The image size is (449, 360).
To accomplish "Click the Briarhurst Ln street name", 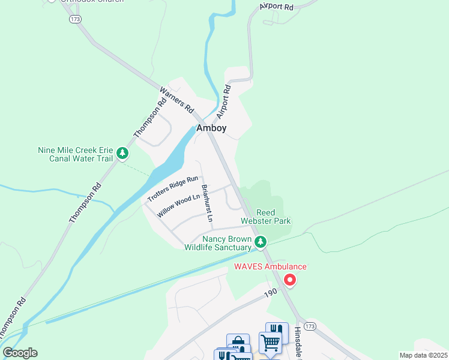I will click(206, 203).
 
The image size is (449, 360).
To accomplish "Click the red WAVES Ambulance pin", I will click(289, 280).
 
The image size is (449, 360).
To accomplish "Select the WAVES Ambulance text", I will click(270, 266).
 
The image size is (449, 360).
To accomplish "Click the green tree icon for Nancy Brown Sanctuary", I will click(260, 242).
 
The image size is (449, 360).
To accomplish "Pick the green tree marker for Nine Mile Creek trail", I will click(122, 154).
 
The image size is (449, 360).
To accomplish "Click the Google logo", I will click(20, 353).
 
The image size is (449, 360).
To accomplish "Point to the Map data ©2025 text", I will click(423, 355).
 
